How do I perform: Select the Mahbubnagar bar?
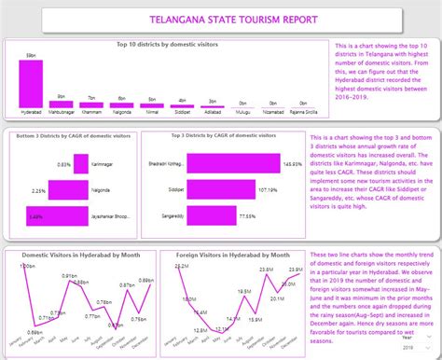tap(62, 104)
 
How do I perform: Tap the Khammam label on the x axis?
tap(90, 112)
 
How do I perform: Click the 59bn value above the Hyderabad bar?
tap(31, 56)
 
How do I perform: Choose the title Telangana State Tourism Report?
tap(220, 20)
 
